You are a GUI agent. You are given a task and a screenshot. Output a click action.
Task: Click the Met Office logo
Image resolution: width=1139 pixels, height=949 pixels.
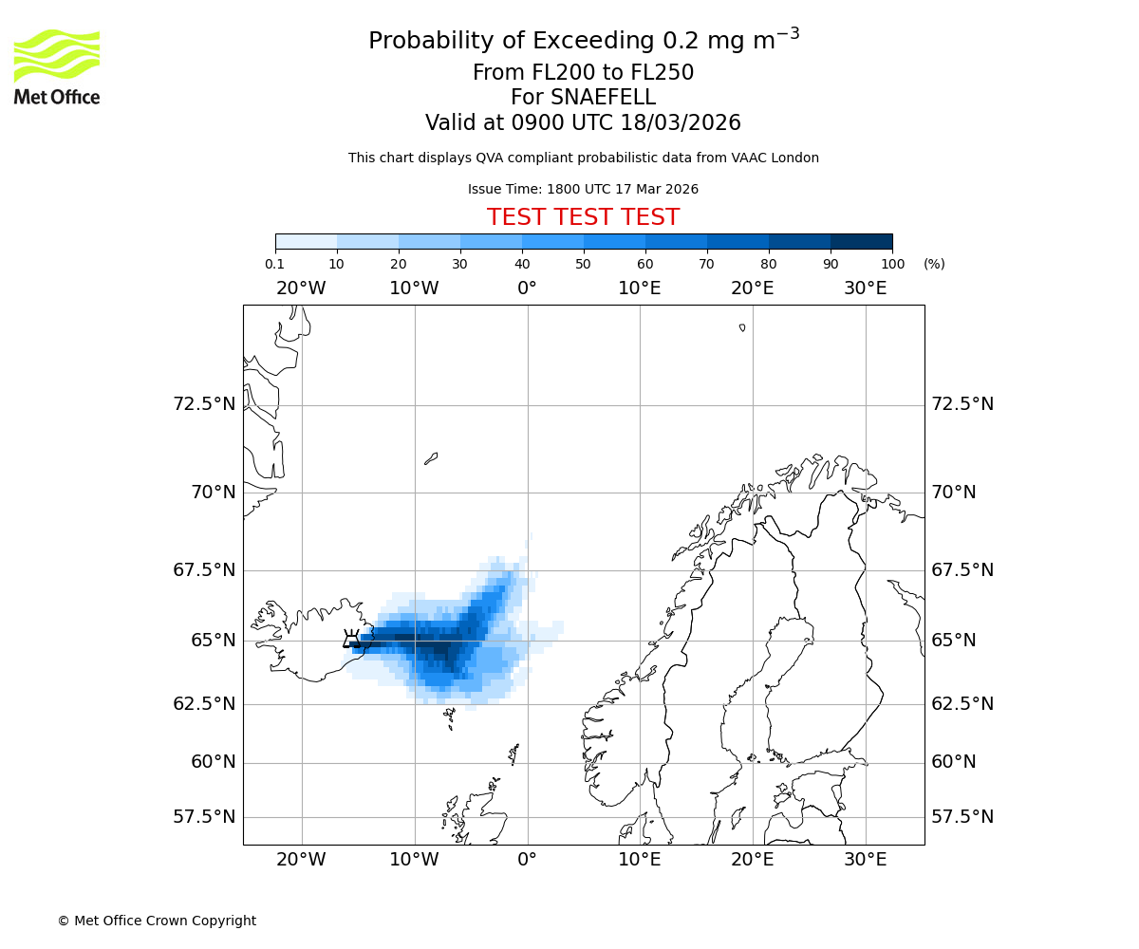[x=57, y=66]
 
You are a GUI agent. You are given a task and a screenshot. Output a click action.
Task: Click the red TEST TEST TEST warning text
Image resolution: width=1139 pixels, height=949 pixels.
[x=583, y=217]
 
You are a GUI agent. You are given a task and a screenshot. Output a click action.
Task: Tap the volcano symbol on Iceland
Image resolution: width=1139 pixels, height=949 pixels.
[x=352, y=640]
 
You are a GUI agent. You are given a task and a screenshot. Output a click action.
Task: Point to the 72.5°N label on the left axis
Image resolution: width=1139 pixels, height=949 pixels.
[x=204, y=404]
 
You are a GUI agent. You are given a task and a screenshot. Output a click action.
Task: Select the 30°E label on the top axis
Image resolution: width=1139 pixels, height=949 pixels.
[x=865, y=288]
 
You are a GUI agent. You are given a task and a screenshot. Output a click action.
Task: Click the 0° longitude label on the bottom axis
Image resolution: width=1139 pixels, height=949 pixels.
[x=527, y=860]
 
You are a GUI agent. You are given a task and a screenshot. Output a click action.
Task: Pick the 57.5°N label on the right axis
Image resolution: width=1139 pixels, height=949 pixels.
[x=962, y=817]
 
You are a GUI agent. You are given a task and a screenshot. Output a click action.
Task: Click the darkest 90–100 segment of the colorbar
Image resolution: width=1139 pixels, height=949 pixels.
[x=861, y=242]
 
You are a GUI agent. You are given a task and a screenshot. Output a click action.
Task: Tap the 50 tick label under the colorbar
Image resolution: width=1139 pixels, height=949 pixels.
[x=583, y=264]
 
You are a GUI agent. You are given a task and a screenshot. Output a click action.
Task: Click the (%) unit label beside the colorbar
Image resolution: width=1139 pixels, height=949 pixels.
[x=934, y=264]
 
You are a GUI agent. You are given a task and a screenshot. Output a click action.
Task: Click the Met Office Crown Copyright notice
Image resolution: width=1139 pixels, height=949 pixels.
[x=157, y=921]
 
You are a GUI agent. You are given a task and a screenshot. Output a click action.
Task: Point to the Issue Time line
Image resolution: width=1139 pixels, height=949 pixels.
[x=583, y=189]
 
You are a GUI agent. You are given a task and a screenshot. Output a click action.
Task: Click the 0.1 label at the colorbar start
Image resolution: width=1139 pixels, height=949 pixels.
[x=275, y=264]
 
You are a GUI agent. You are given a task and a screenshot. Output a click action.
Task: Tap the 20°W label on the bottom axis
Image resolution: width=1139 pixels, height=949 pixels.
[x=301, y=860]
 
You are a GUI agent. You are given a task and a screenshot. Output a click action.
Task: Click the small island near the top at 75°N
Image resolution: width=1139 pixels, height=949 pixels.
[x=742, y=327]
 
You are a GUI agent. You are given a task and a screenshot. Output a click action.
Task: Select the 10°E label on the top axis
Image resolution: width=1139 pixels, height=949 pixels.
[x=639, y=288]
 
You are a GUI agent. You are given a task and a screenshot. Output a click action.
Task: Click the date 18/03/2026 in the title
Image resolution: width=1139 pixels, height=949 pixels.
[x=681, y=123]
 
